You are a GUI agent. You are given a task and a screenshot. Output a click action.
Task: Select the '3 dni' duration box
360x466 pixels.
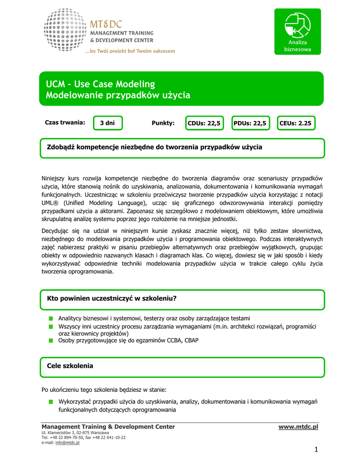pos(107,123)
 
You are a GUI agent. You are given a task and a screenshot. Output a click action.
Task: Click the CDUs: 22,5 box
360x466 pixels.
pos(204,123)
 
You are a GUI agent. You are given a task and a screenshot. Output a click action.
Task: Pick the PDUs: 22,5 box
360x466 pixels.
pos(250,123)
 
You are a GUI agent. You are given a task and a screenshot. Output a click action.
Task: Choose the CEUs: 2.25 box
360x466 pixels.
pos(295,123)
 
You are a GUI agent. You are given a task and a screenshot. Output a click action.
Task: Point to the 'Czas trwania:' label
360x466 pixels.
pos(65,122)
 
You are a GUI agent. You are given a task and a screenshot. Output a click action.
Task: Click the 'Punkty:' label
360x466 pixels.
pos(163,123)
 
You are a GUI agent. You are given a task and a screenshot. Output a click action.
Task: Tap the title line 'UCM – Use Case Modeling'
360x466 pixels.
pos(100,84)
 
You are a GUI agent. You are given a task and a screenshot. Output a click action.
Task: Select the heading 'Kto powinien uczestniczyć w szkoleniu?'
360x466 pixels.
pos(112,299)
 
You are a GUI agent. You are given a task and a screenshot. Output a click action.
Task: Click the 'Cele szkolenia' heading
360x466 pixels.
pos(70,366)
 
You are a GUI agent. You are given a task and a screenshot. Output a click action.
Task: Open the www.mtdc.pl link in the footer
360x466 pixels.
pos(298,427)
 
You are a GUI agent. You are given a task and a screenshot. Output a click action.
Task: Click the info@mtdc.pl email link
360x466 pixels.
pos(67,443)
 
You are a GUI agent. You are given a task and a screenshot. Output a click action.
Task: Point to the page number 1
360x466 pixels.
pos(315,450)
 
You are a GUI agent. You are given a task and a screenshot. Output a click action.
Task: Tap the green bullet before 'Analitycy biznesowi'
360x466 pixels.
pos(51,319)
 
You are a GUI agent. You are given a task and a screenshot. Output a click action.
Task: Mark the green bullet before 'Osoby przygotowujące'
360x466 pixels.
pos(51,340)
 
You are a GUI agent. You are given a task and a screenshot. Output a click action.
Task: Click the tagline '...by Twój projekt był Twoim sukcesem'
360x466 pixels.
pos(130,51)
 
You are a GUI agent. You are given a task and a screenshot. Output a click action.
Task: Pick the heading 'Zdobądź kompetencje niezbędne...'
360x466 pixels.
pos(155,147)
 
